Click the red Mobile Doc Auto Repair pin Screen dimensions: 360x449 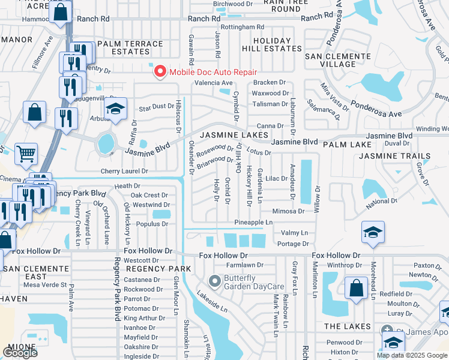click(x=160, y=72)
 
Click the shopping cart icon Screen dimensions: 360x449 click(x=26, y=154)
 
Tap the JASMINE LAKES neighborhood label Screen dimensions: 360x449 click(x=233, y=136)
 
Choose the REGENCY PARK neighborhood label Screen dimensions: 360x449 click(x=149, y=269)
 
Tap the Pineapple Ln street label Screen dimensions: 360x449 click(x=252, y=222)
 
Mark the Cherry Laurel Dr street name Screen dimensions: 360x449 click(x=125, y=171)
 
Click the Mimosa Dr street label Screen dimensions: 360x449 click(x=289, y=211)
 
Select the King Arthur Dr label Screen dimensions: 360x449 click(x=140, y=317)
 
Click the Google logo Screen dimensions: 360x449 click(x=20, y=352)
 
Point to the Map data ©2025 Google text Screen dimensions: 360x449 click(x=411, y=355)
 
